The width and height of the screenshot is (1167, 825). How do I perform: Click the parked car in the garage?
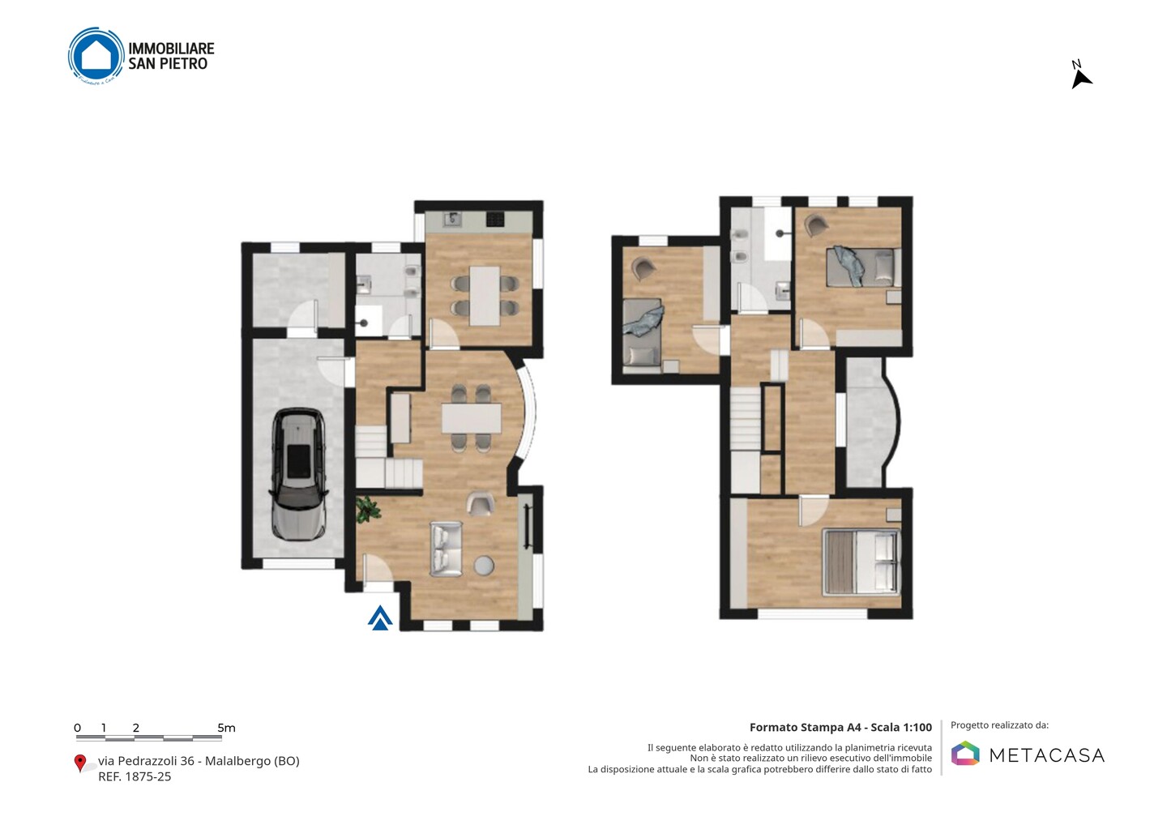[298, 474]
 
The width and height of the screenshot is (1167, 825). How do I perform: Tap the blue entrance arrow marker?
[380, 618]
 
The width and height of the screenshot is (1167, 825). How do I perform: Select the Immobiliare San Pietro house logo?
[96, 56]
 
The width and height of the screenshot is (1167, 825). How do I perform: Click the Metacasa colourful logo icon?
[965, 753]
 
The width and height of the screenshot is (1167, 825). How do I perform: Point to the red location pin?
[79, 763]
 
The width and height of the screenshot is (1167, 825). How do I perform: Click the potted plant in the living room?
[368, 508]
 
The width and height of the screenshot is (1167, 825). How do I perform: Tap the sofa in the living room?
[446, 549]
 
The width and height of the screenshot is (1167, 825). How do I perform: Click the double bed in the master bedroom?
[861, 562]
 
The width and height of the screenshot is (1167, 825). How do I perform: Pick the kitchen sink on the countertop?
[452, 220]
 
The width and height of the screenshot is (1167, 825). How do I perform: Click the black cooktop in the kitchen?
[495, 220]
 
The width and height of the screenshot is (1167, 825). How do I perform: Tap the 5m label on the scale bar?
[226, 728]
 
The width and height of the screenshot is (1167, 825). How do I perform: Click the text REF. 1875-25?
[135, 776]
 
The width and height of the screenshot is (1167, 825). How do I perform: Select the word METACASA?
[1047, 755]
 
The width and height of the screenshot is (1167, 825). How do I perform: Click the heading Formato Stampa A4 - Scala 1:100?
[840, 727]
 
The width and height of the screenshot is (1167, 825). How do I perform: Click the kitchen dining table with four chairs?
[485, 296]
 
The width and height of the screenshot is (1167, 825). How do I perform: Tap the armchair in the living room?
[481, 503]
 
